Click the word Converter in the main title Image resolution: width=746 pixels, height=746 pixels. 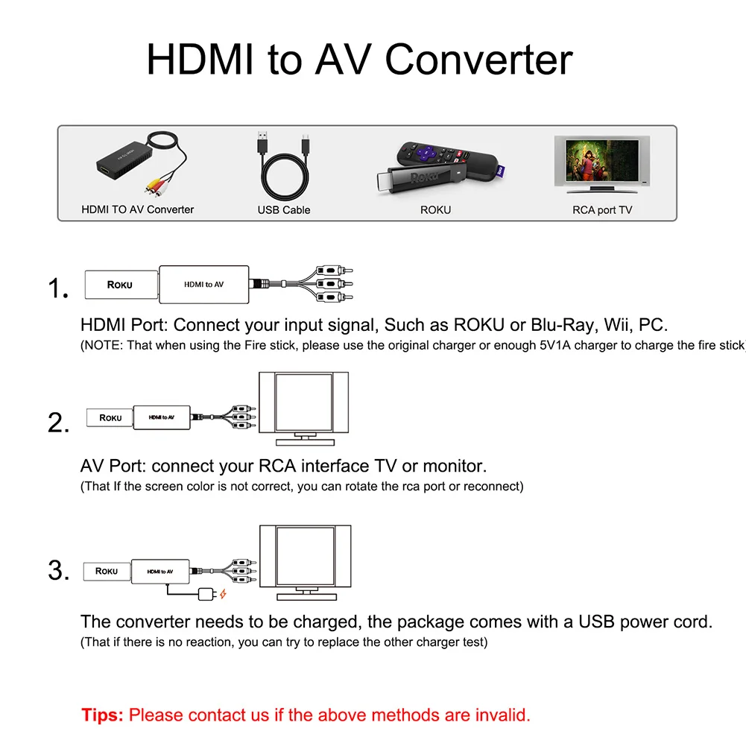(x=479, y=60)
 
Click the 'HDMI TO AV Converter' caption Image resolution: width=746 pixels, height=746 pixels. (x=137, y=209)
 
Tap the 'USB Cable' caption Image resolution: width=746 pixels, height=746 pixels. (x=284, y=210)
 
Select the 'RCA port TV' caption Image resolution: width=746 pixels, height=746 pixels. (x=602, y=210)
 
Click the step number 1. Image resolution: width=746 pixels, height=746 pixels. (x=58, y=288)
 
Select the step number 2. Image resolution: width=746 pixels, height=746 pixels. (x=58, y=423)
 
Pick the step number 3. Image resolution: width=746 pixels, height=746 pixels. (x=58, y=572)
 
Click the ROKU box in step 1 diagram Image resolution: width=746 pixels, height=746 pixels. (x=120, y=285)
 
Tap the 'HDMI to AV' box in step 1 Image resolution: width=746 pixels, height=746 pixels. (x=204, y=285)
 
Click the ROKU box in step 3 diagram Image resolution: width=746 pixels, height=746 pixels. (x=107, y=572)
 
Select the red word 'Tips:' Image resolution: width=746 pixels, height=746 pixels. (x=103, y=715)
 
